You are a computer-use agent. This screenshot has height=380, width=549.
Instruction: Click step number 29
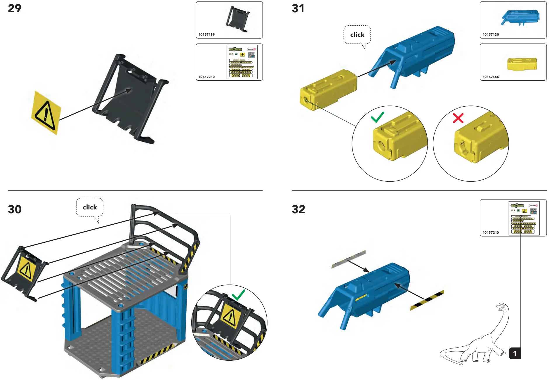[x=15, y=8]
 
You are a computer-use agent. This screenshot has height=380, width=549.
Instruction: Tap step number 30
[x=15, y=209]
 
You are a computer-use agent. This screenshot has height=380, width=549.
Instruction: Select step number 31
[x=298, y=8]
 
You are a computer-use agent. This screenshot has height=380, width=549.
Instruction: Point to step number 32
[x=298, y=209]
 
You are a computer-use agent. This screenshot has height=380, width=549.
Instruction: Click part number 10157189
[x=206, y=34]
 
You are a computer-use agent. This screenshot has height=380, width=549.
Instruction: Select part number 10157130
[x=491, y=34]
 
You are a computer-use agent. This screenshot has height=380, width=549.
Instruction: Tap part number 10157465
[x=491, y=77]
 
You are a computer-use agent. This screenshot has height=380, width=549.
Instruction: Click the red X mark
[x=458, y=118]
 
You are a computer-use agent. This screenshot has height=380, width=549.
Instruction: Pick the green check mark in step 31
[x=377, y=117]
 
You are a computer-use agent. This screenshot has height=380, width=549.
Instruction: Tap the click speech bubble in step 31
[x=357, y=35]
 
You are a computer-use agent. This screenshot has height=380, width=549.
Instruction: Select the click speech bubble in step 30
[x=90, y=207]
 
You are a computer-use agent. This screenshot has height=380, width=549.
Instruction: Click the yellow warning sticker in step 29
[x=46, y=113]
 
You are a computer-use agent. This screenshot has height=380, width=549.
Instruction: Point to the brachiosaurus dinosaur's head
[x=502, y=307]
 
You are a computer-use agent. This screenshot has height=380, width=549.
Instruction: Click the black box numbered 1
[x=515, y=353]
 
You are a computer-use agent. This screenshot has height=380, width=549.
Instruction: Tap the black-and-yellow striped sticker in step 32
[x=427, y=300]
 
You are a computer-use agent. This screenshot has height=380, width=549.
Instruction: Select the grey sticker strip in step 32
[x=349, y=259]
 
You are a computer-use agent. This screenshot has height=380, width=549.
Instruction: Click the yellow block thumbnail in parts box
[x=522, y=64]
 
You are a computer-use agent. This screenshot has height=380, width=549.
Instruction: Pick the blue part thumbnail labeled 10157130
[x=520, y=18]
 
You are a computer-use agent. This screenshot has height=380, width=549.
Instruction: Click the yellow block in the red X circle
[x=479, y=140]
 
